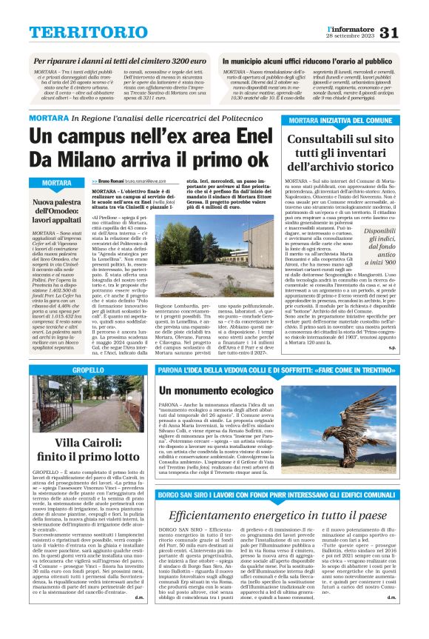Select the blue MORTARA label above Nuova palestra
pos(57,183)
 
